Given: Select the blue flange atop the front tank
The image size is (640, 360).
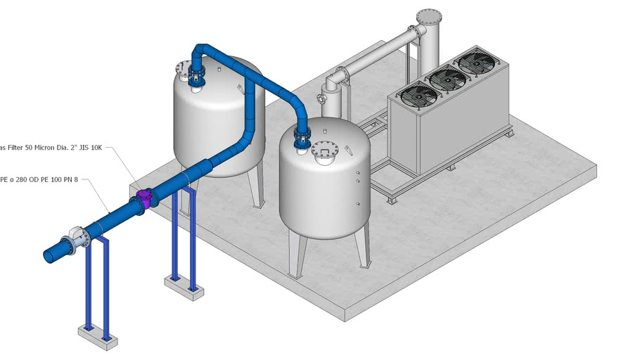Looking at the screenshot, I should coord(302,137).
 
